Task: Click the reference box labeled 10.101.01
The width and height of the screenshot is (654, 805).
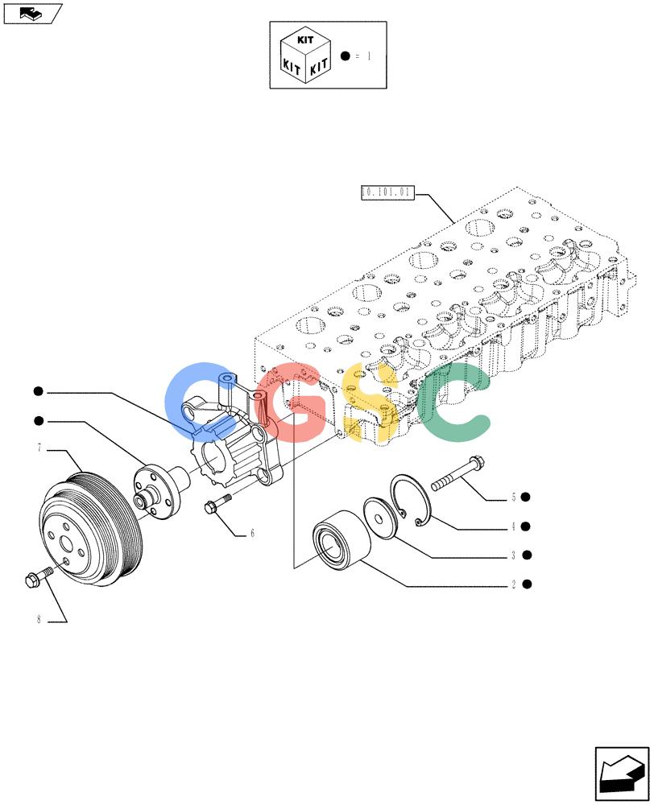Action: [387, 192]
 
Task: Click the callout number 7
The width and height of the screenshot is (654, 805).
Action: [39, 448]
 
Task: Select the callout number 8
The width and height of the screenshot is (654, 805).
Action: [39, 619]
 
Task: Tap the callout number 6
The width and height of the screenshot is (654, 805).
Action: [252, 534]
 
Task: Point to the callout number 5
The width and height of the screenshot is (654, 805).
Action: [513, 497]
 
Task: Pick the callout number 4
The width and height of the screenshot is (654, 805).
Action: [513, 526]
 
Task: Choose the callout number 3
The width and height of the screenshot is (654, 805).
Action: [513, 555]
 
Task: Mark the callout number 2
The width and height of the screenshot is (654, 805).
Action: [513, 584]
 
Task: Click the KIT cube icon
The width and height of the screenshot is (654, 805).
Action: [305, 55]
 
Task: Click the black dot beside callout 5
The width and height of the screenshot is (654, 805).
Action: [525, 497]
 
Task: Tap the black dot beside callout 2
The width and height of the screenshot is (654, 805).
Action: [527, 584]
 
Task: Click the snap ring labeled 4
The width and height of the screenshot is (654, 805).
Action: [410, 501]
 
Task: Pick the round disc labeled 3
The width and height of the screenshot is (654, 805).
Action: [380, 518]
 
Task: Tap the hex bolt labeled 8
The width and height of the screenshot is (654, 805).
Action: [39, 576]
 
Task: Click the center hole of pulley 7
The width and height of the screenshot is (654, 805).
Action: [68, 544]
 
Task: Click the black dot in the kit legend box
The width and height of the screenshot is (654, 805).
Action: [346, 56]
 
